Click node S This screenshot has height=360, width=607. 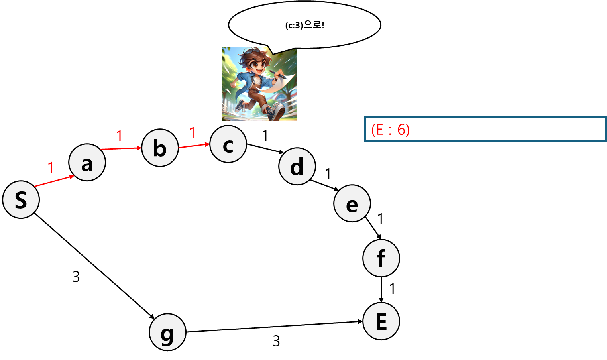pos(21,200)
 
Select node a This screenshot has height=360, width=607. pos(87,163)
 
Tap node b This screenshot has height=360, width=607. pos(160,148)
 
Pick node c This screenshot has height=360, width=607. pos(228,144)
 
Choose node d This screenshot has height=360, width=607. pos(297,167)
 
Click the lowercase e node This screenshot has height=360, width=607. pos(352,204)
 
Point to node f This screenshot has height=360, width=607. pos(381,258)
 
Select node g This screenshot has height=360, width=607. pos(167,332)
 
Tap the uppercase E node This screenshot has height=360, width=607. pos(381,321)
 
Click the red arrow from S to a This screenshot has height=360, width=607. pos(54,181)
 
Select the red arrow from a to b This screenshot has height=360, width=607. pos(122,148)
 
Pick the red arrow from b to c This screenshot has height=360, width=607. pos(194,146)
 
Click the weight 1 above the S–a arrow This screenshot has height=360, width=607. pos(51,167)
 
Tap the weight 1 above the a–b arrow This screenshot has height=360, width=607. pos(119,136)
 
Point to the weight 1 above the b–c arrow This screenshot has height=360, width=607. pos(192,132)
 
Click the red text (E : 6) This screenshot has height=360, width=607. pos(390,130)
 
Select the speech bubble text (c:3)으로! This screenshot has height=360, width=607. pos(304,25)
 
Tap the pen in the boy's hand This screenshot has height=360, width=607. pos(278,74)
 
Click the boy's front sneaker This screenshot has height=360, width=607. pos(276,112)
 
